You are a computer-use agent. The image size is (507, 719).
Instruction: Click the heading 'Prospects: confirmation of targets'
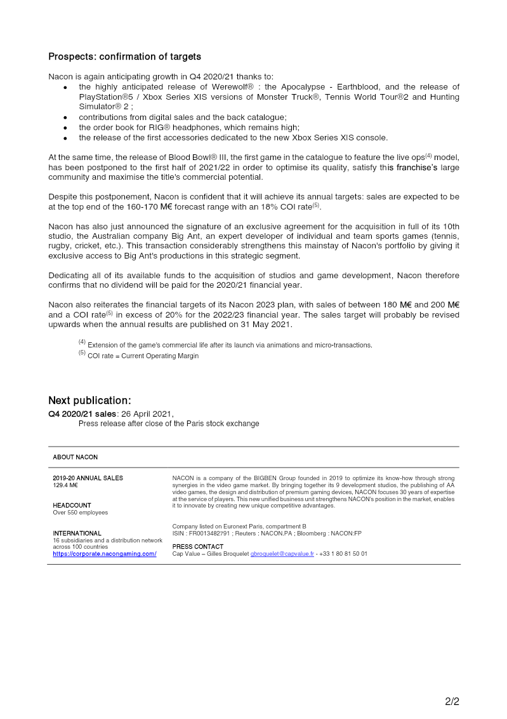(x=124, y=57)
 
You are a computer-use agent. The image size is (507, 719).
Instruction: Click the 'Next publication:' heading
(x=89, y=400)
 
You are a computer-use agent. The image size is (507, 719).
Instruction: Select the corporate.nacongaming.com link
(x=104, y=554)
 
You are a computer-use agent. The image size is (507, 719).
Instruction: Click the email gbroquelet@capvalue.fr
(x=282, y=554)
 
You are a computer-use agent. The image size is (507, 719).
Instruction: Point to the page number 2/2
(x=451, y=702)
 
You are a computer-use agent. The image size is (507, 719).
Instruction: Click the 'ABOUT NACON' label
(x=75, y=457)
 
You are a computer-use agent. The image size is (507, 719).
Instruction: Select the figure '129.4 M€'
(x=65, y=485)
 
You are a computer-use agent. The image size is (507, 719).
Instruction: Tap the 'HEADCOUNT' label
(x=72, y=506)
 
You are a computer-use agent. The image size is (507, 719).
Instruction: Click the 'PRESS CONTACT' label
(x=198, y=546)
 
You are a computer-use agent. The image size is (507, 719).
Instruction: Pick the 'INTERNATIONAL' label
(x=77, y=533)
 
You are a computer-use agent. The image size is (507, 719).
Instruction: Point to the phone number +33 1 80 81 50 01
(x=343, y=554)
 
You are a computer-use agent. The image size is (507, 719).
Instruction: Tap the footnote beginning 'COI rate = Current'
(x=143, y=356)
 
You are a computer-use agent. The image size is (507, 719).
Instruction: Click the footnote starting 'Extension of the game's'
(x=229, y=345)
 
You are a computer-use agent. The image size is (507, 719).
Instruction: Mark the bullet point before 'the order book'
(x=65, y=128)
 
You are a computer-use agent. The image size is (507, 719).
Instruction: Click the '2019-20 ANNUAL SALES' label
(x=88, y=478)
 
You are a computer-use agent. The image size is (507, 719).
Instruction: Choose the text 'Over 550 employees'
(x=80, y=513)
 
